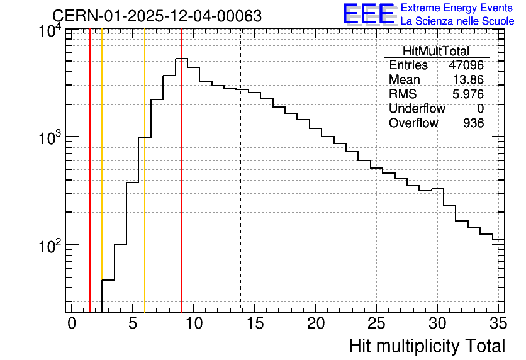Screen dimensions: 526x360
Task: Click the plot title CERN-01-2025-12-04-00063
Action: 157,16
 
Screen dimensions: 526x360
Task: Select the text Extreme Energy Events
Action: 457,8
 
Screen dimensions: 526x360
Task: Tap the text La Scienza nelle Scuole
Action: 457,21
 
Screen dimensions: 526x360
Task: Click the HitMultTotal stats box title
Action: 436,51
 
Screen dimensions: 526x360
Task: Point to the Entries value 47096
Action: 466,65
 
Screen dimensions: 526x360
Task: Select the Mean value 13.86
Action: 468,79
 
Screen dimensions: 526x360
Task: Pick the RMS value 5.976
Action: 468,94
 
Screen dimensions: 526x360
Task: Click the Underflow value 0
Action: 480,108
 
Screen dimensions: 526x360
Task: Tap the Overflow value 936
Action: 474,123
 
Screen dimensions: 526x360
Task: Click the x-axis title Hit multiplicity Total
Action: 427,346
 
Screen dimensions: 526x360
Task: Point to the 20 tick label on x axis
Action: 316,323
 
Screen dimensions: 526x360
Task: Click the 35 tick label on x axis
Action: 498,323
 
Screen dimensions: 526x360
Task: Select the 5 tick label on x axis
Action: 133,323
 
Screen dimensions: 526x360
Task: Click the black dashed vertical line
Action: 240,171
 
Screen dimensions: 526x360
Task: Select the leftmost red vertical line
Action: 90,171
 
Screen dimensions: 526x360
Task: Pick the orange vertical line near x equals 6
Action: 145,171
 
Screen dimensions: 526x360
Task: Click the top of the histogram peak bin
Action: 181,59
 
